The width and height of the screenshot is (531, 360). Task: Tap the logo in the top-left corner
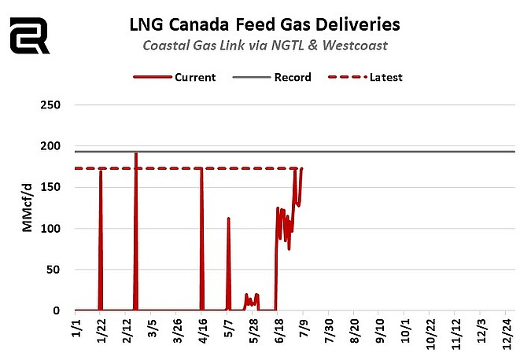29,35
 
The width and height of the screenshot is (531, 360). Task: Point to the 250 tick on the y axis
61,105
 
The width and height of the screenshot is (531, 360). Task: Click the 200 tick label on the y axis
61,146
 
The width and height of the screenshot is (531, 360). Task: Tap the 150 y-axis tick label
61,187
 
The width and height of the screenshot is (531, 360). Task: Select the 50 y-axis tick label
63,270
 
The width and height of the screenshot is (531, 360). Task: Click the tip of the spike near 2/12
136,153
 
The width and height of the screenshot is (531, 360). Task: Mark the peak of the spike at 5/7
228,219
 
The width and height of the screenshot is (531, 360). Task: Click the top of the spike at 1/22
101,171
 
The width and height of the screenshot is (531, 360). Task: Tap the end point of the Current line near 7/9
301,168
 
